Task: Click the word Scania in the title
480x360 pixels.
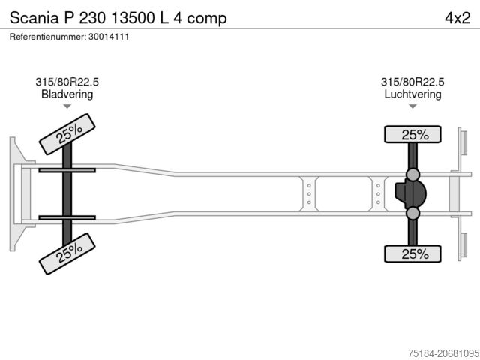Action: pos(34,18)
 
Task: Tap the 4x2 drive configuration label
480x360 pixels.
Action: pos(457,18)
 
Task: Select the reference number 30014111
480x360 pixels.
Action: pos(109,37)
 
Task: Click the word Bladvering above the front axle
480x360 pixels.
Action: pos(67,94)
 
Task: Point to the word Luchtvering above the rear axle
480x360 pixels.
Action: pos(412,94)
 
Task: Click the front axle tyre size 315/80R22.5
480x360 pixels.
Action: pos(67,82)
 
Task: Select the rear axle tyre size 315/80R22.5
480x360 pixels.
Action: pos(412,82)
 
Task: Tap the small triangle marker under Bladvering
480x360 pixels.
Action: pos(67,106)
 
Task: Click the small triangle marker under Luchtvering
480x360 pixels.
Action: pos(412,106)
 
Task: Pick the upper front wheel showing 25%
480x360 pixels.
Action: pos(67,134)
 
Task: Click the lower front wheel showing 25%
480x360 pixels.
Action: pos(67,253)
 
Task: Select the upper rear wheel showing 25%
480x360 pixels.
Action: pos(412,134)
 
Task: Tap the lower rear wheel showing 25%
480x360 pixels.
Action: pos(412,253)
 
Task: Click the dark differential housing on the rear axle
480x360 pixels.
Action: pos(410,193)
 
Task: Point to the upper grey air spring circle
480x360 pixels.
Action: pos(412,175)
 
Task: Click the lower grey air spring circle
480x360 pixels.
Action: pos(412,213)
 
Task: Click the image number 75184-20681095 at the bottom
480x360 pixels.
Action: pos(443,353)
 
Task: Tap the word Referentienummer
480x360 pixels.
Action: pos(48,37)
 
